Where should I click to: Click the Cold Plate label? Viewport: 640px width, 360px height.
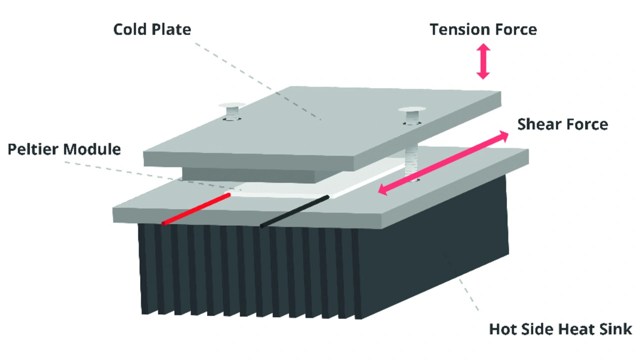coord(152,29)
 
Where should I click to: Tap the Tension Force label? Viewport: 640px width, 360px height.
coord(483,29)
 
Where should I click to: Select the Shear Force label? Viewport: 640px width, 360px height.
coord(562,124)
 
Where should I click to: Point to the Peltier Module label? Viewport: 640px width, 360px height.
coord(64,149)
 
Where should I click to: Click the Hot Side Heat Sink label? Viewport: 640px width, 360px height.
coord(560,329)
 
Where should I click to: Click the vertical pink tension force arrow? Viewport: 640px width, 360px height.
coord(483,61)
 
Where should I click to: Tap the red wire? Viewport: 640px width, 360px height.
coord(196,209)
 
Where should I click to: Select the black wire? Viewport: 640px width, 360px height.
coord(294,211)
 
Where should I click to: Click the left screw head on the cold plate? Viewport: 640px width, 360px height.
coord(232,105)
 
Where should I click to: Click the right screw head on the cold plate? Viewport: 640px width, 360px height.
coord(411,109)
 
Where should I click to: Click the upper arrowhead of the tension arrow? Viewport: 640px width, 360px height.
coord(483,47)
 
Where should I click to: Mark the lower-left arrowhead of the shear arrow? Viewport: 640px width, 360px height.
coord(383,189)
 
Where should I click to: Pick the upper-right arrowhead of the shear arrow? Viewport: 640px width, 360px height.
coord(503,136)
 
